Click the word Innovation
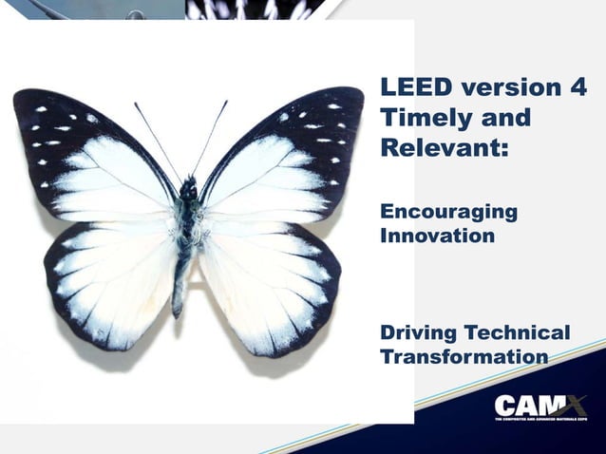(437, 234)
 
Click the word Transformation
(464, 357)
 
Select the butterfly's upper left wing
(95, 157)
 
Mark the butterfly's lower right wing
(266, 275)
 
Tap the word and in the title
(500, 120)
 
